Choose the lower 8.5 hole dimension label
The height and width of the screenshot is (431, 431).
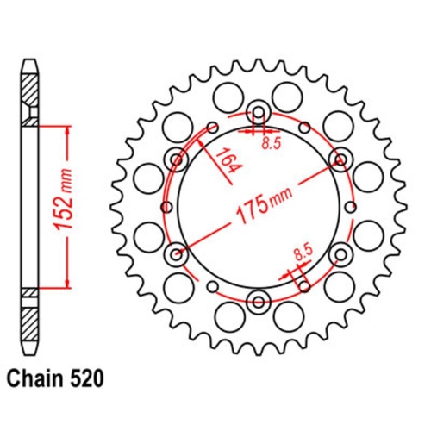coord(301,253)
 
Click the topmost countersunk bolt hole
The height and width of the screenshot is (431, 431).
coord(259,111)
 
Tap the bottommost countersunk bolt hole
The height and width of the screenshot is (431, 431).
coord(259,301)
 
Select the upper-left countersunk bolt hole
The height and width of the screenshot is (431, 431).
coord(178,159)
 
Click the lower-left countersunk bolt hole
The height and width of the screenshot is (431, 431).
coord(178,253)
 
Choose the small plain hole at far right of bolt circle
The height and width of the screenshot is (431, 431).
coord(353,206)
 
